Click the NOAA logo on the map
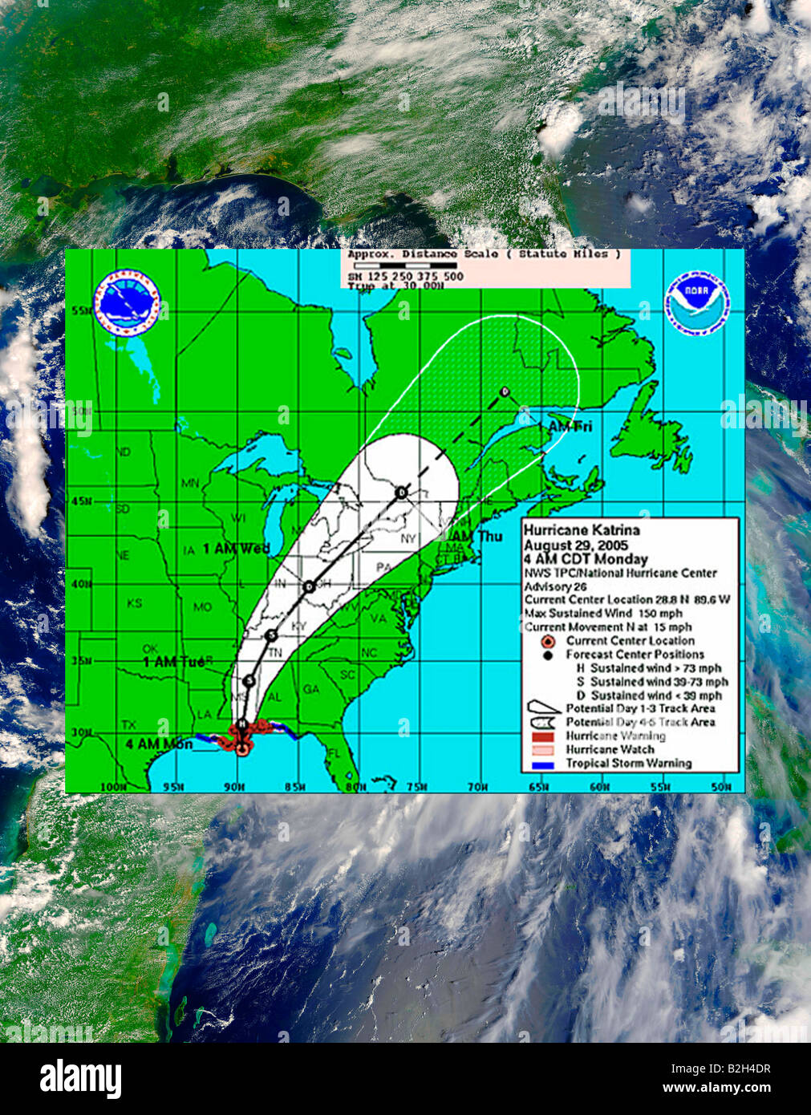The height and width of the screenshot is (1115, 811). tap(696, 302)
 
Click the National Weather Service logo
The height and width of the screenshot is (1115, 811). tap(128, 302)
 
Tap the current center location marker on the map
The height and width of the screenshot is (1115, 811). tap(242, 748)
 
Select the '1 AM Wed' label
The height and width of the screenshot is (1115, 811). tap(236, 549)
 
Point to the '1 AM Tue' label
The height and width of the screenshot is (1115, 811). tap(173, 662)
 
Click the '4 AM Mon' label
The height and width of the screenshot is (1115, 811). tap(159, 744)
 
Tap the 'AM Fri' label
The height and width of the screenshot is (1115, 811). tap(570, 427)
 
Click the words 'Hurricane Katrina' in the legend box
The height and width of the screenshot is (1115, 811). tap(582, 530)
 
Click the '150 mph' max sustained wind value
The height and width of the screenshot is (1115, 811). tap(660, 614)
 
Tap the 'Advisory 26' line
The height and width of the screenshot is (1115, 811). tap(556, 586)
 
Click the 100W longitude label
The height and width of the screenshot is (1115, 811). tap(113, 787)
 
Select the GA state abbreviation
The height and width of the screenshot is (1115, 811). tap(310, 690)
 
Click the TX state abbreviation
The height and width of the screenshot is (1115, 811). tap(128, 724)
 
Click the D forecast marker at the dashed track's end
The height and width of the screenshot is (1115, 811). tap(505, 391)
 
